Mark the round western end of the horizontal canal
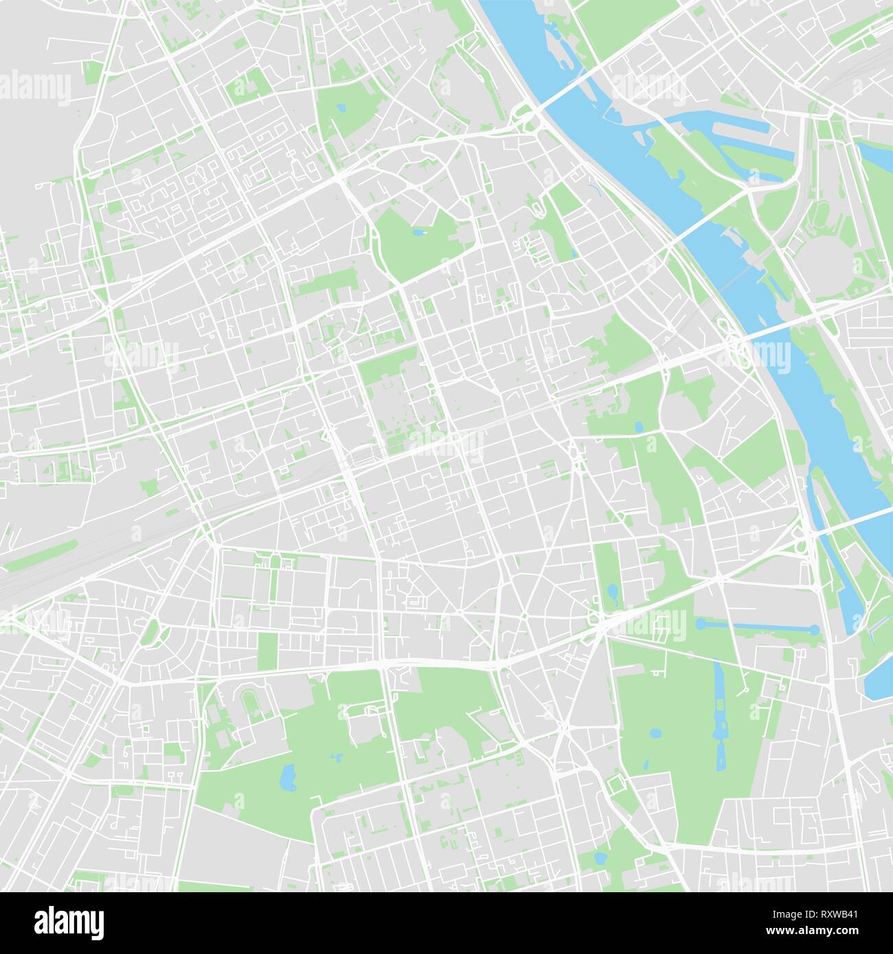700,623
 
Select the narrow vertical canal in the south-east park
719,714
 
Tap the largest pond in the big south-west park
287,778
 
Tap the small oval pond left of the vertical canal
655,733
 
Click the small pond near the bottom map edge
600,858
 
